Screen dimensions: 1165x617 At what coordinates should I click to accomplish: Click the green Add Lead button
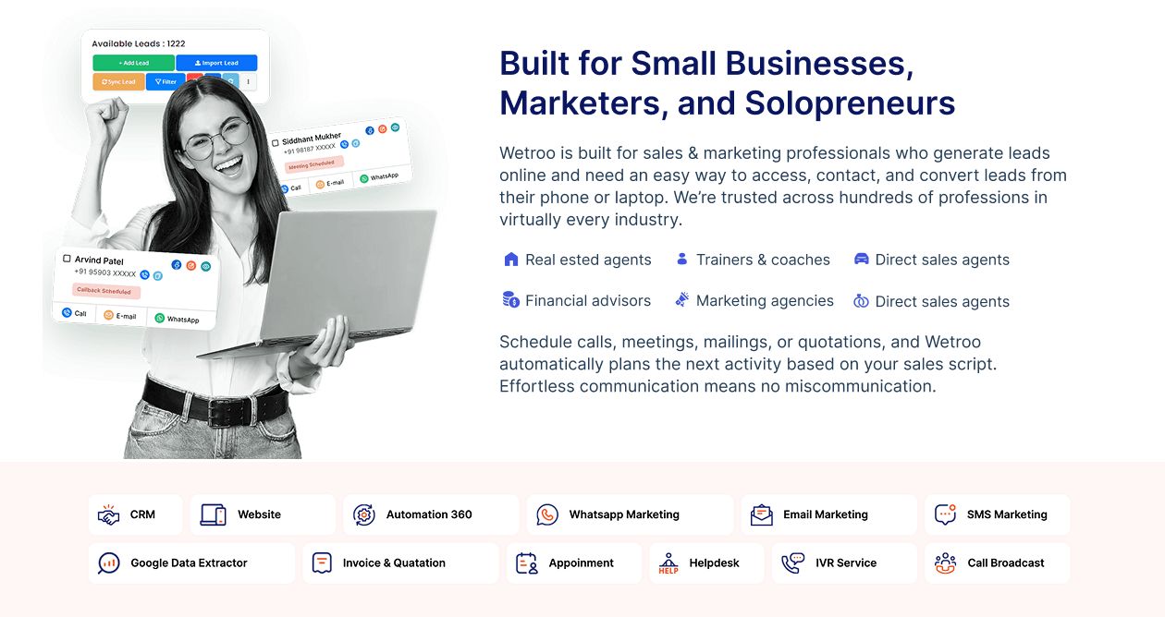[134, 63]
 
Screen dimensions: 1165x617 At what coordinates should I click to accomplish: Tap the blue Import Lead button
[216, 63]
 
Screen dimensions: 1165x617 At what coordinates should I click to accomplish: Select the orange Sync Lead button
[118, 82]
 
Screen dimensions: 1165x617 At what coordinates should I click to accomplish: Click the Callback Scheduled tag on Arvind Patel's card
[106, 291]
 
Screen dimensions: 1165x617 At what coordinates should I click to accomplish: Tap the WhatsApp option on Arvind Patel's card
[178, 319]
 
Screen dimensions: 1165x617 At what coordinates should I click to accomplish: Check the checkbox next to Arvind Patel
[67, 258]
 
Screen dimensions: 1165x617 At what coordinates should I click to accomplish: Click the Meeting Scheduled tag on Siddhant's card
[313, 164]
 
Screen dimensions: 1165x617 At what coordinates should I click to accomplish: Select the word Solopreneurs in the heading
[850, 103]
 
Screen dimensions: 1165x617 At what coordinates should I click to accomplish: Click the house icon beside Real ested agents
[510, 260]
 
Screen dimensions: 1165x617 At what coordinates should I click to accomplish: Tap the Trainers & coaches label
[763, 260]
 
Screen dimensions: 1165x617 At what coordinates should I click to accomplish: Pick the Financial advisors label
[588, 301]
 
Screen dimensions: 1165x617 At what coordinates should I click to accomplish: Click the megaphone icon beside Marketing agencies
[681, 299]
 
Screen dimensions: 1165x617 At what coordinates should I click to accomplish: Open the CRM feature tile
[135, 514]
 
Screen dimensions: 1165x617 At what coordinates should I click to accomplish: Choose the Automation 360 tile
[431, 514]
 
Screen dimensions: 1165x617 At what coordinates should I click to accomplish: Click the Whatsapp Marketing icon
[547, 514]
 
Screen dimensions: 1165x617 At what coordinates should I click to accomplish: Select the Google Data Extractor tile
[191, 563]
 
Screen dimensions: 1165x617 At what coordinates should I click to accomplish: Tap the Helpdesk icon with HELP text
[668, 563]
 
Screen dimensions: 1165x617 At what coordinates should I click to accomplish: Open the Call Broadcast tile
[997, 563]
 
